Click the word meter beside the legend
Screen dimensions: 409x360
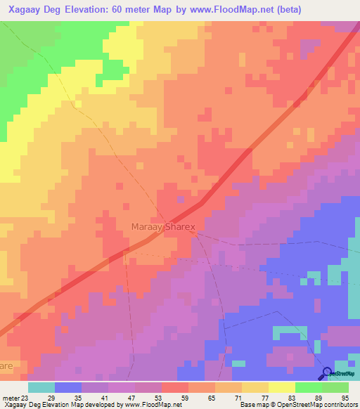coord(9,398)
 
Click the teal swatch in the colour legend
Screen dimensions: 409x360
coord(41,387)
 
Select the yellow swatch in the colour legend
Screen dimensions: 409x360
coord(281,387)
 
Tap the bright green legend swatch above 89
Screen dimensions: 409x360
coord(308,387)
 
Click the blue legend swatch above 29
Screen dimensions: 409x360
coord(67,387)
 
